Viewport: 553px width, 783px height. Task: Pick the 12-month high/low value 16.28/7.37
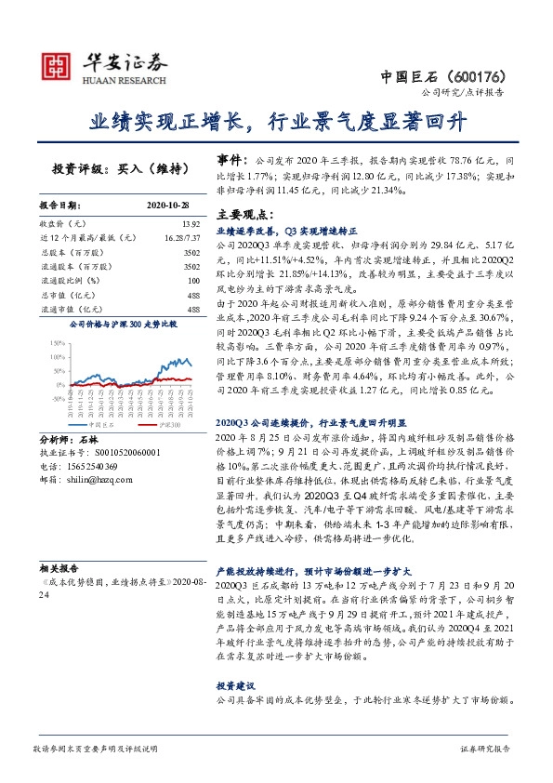pos(180,238)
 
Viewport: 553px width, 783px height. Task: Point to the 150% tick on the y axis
pos(55,343)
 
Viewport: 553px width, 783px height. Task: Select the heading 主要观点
pos(243,214)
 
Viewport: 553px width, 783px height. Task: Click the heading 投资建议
pos(236,684)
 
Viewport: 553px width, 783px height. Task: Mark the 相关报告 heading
pos(58,564)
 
